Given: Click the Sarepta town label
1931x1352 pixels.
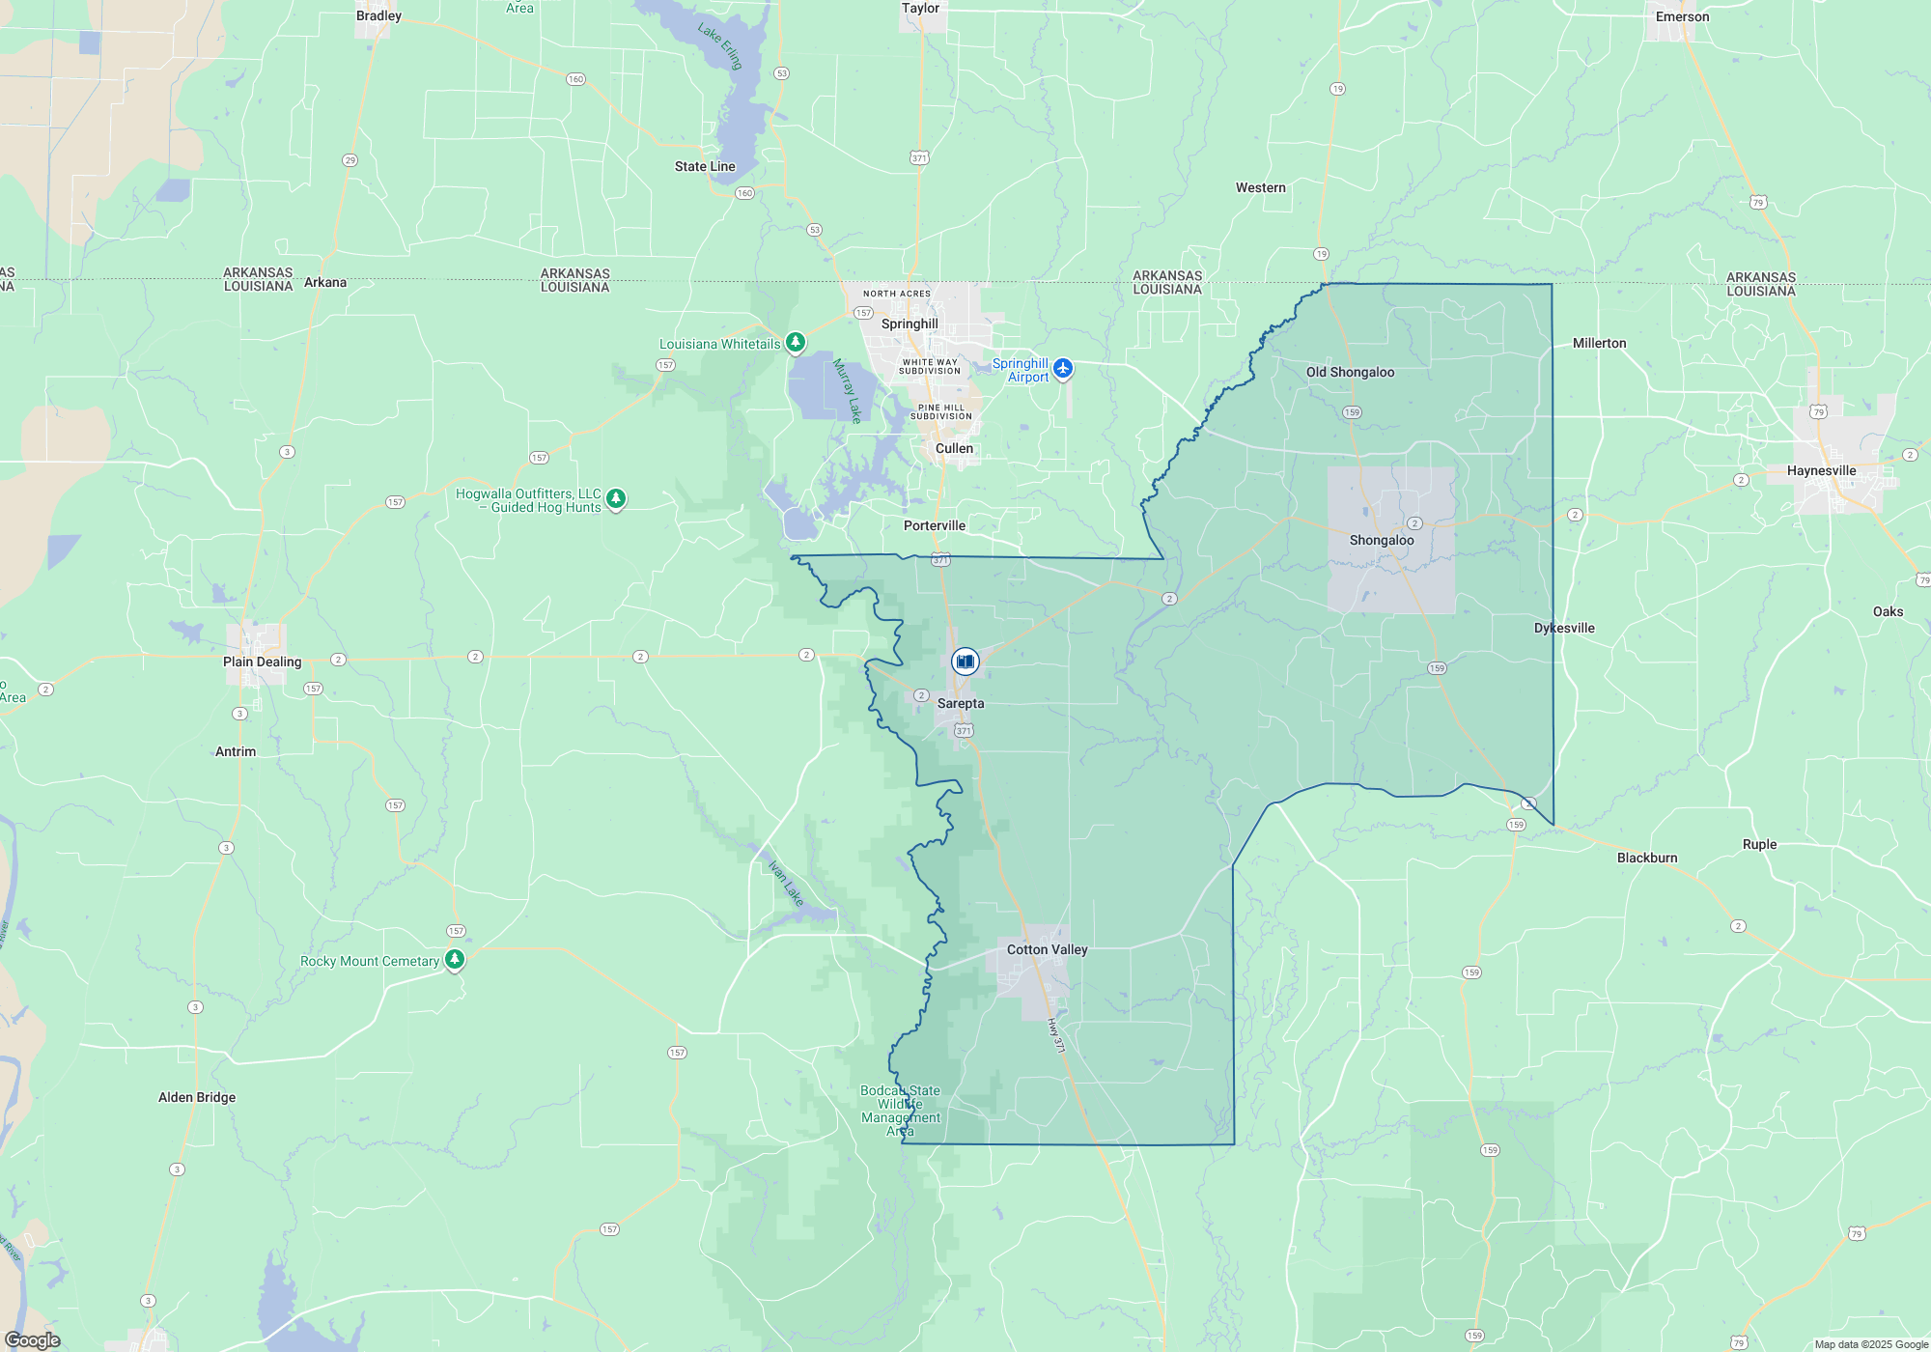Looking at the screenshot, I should pyautogui.click(x=961, y=703).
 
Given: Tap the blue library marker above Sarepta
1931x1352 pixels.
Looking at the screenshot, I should pyautogui.click(x=965, y=662).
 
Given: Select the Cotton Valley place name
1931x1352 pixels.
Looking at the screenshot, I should pyautogui.click(x=1047, y=949).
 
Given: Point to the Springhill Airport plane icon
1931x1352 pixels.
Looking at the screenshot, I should pyautogui.click(x=1063, y=368).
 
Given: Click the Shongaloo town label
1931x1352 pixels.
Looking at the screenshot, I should pyautogui.click(x=1381, y=540).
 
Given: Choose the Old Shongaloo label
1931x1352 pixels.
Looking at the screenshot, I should pyautogui.click(x=1350, y=372).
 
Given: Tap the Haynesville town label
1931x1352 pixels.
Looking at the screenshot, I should pyautogui.click(x=1821, y=470).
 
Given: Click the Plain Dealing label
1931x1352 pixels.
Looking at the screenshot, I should pyautogui.click(x=262, y=662).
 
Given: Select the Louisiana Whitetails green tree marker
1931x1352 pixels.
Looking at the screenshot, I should pyautogui.click(x=796, y=342).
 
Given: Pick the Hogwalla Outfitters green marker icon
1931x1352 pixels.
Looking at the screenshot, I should pyautogui.click(x=616, y=498).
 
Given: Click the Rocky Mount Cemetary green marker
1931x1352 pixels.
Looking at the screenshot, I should pyautogui.click(x=455, y=960).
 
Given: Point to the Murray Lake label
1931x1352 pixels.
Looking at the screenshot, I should pyautogui.click(x=847, y=390).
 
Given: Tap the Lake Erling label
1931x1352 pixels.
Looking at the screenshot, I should pyautogui.click(x=720, y=46).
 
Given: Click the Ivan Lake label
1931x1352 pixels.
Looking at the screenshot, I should pyautogui.click(x=786, y=883).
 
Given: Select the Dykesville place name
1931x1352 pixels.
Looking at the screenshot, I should pyautogui.click(x=1564, y=628).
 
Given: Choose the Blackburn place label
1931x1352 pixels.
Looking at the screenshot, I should pyautogui.click(x=1647, y=858).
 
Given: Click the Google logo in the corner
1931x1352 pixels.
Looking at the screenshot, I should pyautogui.click(x=33, y=1339).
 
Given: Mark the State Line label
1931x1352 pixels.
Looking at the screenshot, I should pyautogui.click(x=705, y=166).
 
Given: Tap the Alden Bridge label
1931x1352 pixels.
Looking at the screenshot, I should pyautogui.click(x=197, y=1097).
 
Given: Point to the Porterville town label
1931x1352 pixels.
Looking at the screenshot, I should pyautogui.click(x=934, y=525).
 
